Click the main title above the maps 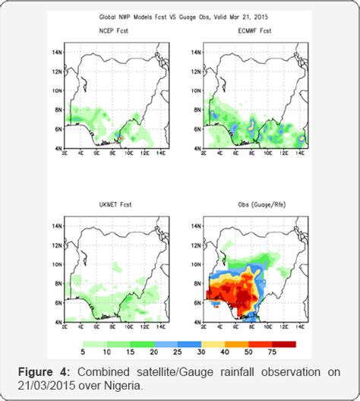tap(180, 15)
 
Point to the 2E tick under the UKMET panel tap(65, 328)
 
